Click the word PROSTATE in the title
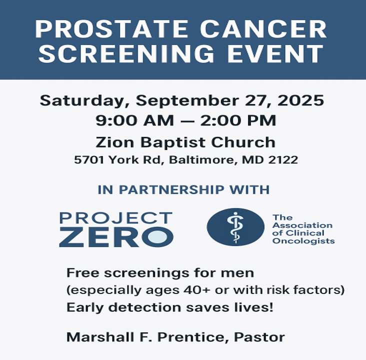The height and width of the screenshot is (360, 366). click(x=111, y=29)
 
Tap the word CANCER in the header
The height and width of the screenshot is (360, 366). click(x=263, y=29)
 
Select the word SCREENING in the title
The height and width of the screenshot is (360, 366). click(x=126, y=53)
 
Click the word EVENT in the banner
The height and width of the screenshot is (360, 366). click(x=275, y=53)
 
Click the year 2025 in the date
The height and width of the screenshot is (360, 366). click(x=300, y=100)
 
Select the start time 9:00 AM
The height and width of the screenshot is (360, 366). click(x=135, y=120)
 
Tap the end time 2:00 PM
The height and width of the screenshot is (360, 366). click(x=238, y=120)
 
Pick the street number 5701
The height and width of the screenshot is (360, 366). click(x=89, y=160)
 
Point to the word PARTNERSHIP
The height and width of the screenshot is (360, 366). click(x=171, y=189)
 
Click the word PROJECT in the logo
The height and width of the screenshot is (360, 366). click(x=116, y=218)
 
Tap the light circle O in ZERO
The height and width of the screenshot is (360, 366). click(x=158, y=236)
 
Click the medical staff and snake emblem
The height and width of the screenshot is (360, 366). click(x=235, y=227)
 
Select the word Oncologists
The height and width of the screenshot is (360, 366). click(x=303, y=240)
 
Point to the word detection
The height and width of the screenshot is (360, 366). click(x=145, y=307)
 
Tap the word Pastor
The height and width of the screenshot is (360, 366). click(x=259, y=337)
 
